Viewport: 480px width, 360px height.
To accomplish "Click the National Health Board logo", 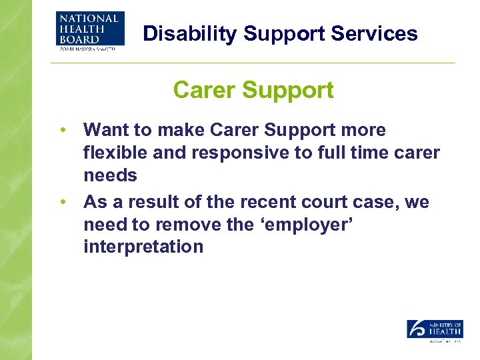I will (x=90, y=31).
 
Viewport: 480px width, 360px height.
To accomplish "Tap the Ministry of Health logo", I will (x=435, y=331).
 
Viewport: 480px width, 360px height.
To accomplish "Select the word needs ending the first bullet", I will (x=110, y=176).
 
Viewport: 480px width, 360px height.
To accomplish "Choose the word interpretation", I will (x=143, y=247).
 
